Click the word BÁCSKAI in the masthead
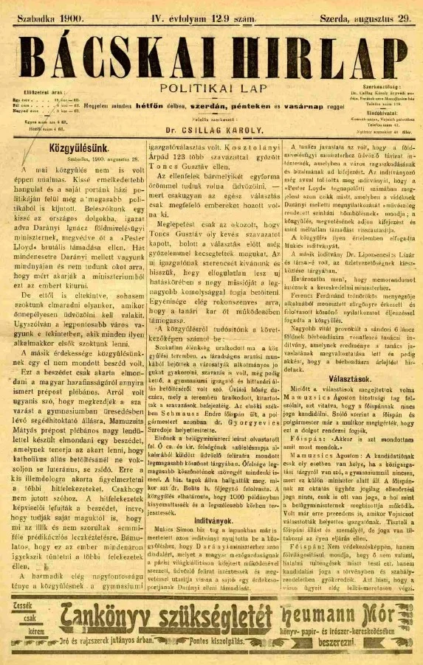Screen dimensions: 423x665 [111, 53]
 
